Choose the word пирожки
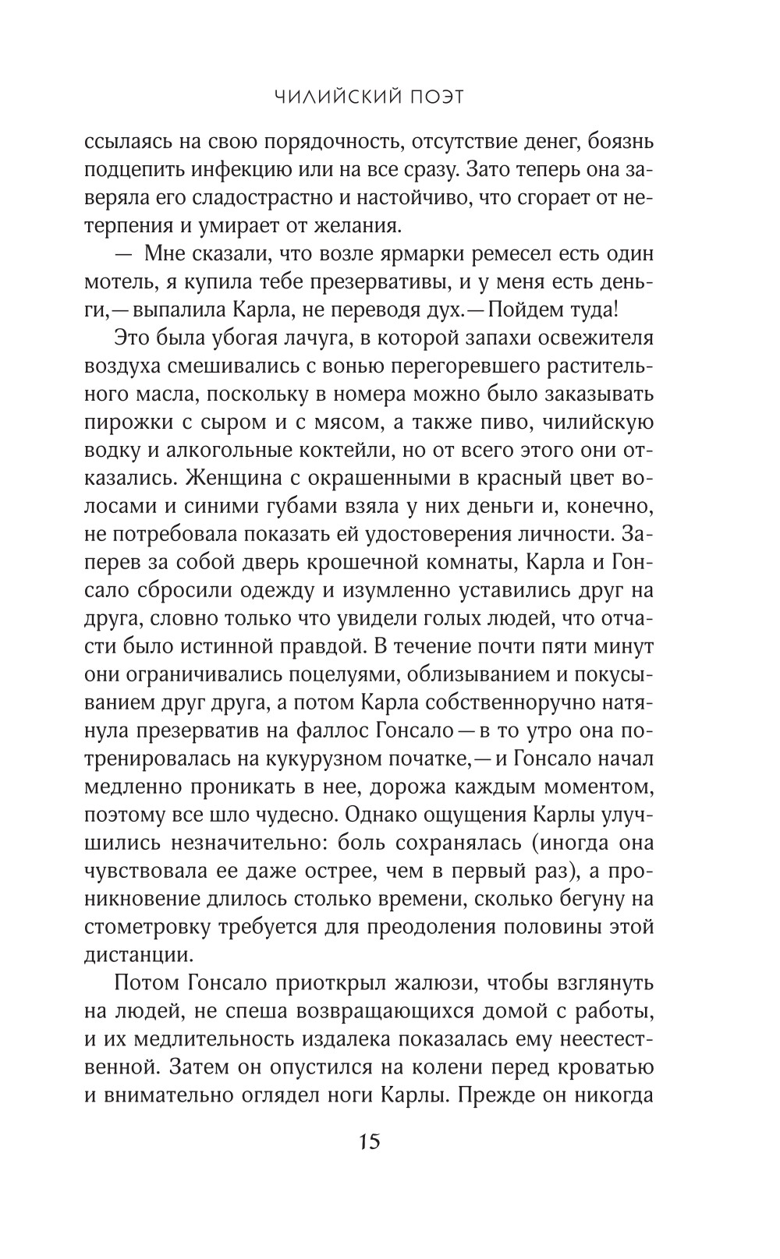(x=130, y=423)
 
